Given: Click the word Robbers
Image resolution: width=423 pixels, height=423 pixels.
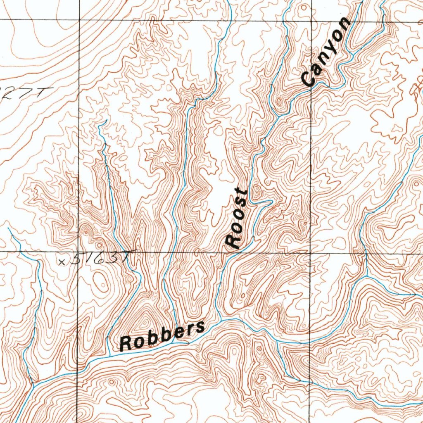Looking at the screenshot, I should [x=162, y=335].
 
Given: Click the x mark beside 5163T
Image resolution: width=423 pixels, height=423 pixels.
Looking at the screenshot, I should [x=62, y=261].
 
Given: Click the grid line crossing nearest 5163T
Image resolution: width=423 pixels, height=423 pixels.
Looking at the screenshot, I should [x=79, y=252].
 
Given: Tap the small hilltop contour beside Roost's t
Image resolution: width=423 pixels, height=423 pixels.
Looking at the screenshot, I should [x=256, y=192].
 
